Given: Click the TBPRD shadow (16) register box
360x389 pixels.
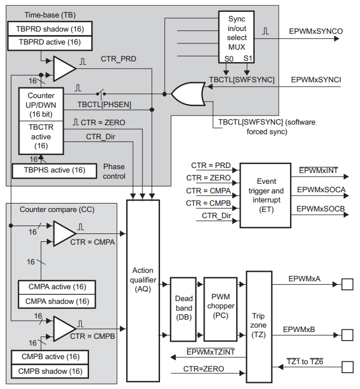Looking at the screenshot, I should pyautogui.click(x=50, y=29).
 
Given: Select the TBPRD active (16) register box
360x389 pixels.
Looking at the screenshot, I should pyautogui.click(x=50, y=42).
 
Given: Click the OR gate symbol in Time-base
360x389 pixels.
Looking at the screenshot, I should pyautogui.click(x=188, y=94).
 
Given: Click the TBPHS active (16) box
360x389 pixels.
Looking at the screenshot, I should pyautogui.click(x=49, y=170).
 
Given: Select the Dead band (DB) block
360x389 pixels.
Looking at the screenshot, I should pyautogui.click(x=184, y=309).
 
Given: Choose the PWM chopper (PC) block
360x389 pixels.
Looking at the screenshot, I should pyautogui.click(x=221, y=309).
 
